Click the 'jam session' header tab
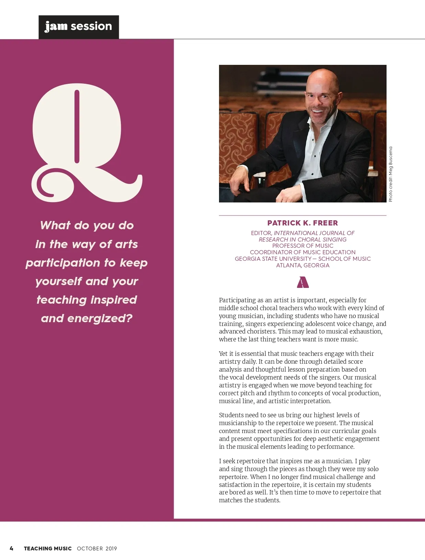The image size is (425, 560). click(x=79, y=27)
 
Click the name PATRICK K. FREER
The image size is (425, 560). click(x=302, y=223)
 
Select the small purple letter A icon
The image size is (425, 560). click(x=302, y=282)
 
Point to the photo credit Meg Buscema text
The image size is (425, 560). click(x=390, y=174)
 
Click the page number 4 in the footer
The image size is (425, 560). click(x=11, y=548)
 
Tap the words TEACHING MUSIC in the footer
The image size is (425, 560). click(x=48, y=548)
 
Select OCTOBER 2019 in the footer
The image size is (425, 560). click(x=97, y=548)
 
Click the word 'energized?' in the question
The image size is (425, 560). click(x=100, y=318)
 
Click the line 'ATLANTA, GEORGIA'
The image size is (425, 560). click(x=302, y=265)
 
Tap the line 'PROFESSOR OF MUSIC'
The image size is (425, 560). click(x=302, y=246)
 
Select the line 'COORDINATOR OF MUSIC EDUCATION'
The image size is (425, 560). click(x=302, y=252)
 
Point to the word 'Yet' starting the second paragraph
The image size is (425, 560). click(x=223, y=354)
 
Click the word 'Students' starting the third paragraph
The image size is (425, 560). click(x=231, y=415)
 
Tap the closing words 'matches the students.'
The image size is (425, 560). click(x=250, y=500)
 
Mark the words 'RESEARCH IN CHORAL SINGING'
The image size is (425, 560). click(x=302, y=240)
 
